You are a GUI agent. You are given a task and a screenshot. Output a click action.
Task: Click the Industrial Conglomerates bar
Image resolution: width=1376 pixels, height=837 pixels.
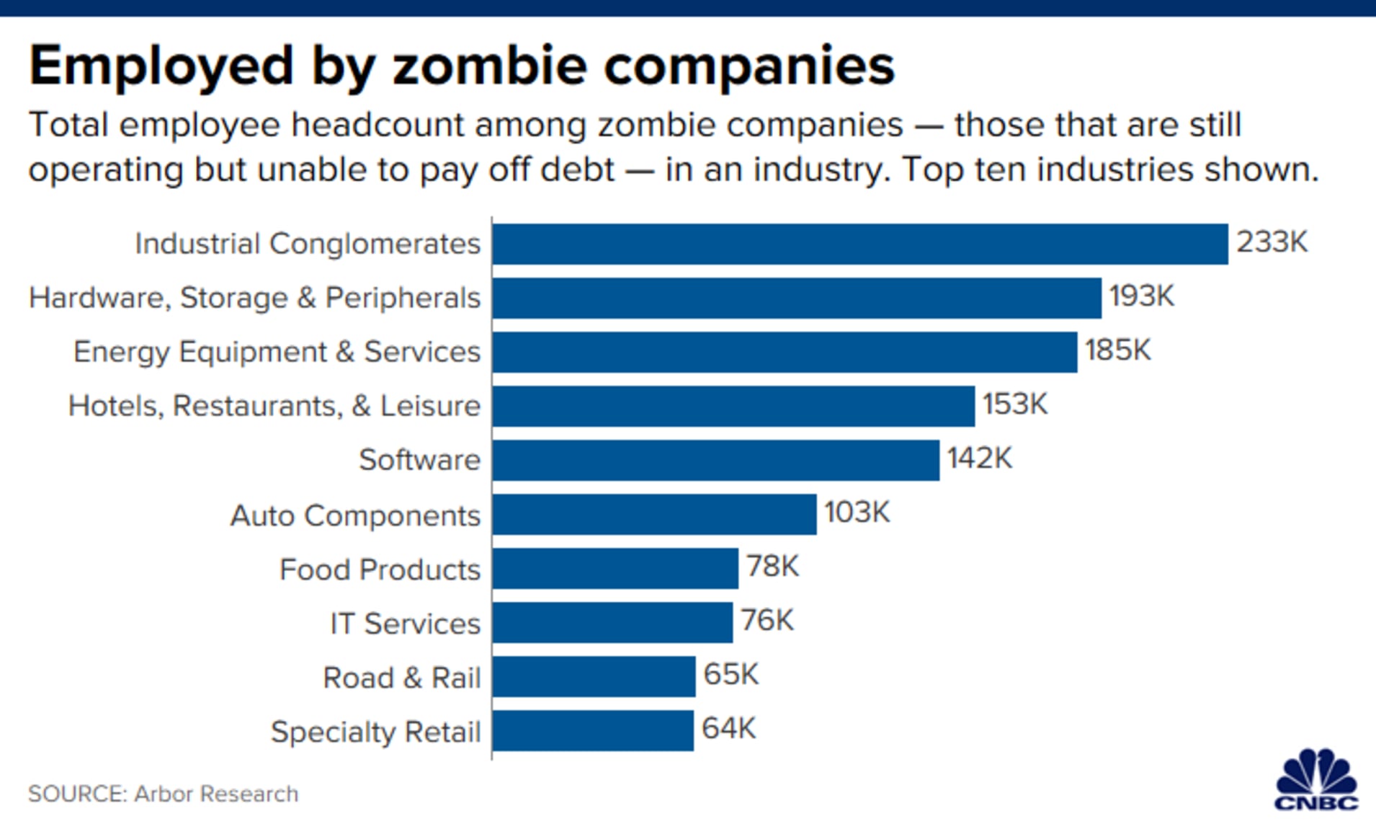click(x=860, y=244)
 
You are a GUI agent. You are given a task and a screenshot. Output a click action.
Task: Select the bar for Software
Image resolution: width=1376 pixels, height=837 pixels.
click(x=716, y=460)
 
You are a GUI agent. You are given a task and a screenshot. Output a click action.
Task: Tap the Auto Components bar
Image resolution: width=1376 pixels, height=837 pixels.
click(x=654, y=514)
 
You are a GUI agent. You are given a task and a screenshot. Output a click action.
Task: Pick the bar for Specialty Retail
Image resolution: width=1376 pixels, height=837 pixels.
click(x=593, y=730)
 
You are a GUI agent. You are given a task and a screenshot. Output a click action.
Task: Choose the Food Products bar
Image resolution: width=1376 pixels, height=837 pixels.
click(x=615, y=568)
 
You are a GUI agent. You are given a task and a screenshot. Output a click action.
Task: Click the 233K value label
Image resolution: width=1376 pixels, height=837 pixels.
click(x=1272, y=242)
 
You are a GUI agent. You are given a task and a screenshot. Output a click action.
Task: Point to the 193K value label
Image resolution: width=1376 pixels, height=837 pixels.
click(x=1141, y=296)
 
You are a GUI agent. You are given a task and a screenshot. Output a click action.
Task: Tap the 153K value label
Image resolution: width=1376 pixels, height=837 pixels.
click(x=1014, y=404)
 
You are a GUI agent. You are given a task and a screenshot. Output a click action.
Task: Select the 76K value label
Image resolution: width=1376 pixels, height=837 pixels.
click(x=767, y=621)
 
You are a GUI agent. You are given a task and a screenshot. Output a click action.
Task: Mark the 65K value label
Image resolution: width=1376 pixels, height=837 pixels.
click(x=731, y=675)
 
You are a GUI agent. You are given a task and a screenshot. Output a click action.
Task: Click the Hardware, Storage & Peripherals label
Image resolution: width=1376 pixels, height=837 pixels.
click(x=254, y=298)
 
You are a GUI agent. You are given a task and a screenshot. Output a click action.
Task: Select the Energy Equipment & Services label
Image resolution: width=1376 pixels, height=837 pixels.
click(x=277, y=353)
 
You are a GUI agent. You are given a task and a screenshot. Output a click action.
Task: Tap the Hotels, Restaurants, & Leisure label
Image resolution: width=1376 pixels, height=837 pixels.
click(x=274, y=407)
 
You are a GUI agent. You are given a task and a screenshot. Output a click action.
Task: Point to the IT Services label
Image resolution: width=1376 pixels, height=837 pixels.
click(x=405, y=624)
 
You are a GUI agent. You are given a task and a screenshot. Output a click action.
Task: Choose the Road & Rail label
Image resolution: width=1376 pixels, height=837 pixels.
click(x=401, y=678)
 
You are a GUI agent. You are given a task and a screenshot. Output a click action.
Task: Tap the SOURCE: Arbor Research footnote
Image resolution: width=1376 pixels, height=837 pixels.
click(x=163, y=794)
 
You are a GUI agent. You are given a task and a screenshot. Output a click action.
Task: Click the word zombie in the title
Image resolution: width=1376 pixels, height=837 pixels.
click(x=490, y=66)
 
